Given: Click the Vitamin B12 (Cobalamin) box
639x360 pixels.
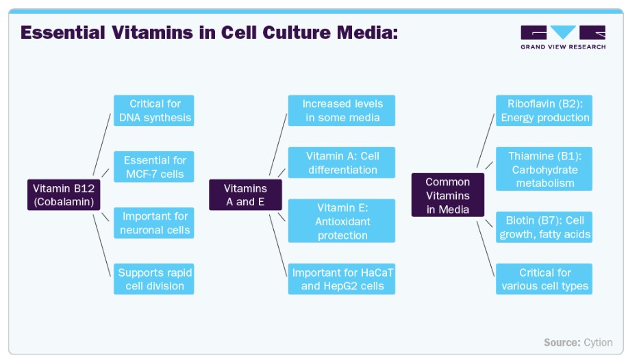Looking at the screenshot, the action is pos(64,194).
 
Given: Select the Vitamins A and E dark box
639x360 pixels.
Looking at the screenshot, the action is pos(245,194).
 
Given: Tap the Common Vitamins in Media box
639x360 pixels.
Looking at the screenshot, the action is pos(448,194).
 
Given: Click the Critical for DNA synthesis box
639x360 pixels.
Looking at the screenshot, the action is pos(154,110).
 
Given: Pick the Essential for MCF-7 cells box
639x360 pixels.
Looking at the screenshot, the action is pos(154,166).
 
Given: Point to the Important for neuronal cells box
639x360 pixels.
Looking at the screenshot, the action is pos(154,222).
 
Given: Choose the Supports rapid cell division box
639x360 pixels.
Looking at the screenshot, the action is pos(154,279).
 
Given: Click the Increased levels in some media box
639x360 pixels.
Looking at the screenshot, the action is pos(342,110).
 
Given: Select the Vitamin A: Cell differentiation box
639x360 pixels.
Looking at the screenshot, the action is pos(342,162).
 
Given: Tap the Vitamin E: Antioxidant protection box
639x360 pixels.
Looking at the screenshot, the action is pos(342,221).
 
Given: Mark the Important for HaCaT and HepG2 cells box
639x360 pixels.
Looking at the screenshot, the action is pos(342,279).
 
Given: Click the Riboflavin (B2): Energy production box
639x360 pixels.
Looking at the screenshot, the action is pos(544,110).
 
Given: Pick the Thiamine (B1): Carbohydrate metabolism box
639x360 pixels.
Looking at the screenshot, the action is pos(544,169).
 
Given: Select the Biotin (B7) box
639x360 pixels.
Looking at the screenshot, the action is pos(544,227).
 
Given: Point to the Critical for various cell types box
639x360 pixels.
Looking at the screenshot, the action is pos(544,279).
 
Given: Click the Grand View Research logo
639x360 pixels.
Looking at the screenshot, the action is pos(563,38).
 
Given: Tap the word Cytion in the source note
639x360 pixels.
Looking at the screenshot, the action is pos(598,342).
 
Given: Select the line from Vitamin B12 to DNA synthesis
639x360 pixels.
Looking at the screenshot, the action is pos(102,144).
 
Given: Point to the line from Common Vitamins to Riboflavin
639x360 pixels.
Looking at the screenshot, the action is pos(486,140).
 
